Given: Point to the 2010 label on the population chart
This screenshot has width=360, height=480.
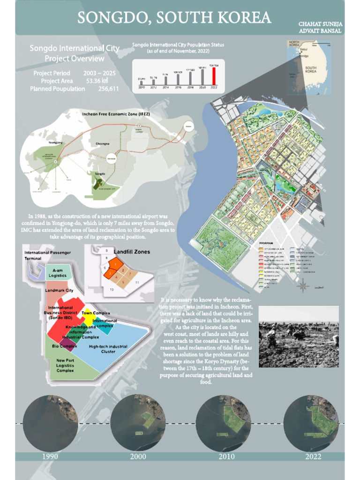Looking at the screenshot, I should pos(141,88).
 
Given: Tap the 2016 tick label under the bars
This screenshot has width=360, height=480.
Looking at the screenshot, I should pos(178,88).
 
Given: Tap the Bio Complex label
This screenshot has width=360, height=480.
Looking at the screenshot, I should pos(64,346).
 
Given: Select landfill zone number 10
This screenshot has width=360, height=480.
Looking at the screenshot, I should pos(112,290).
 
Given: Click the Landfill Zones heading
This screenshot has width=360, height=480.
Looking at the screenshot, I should pos(132,252).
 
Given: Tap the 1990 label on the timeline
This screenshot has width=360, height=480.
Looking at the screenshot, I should pos(50,457).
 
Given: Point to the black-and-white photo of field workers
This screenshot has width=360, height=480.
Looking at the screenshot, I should pos(299,337).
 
